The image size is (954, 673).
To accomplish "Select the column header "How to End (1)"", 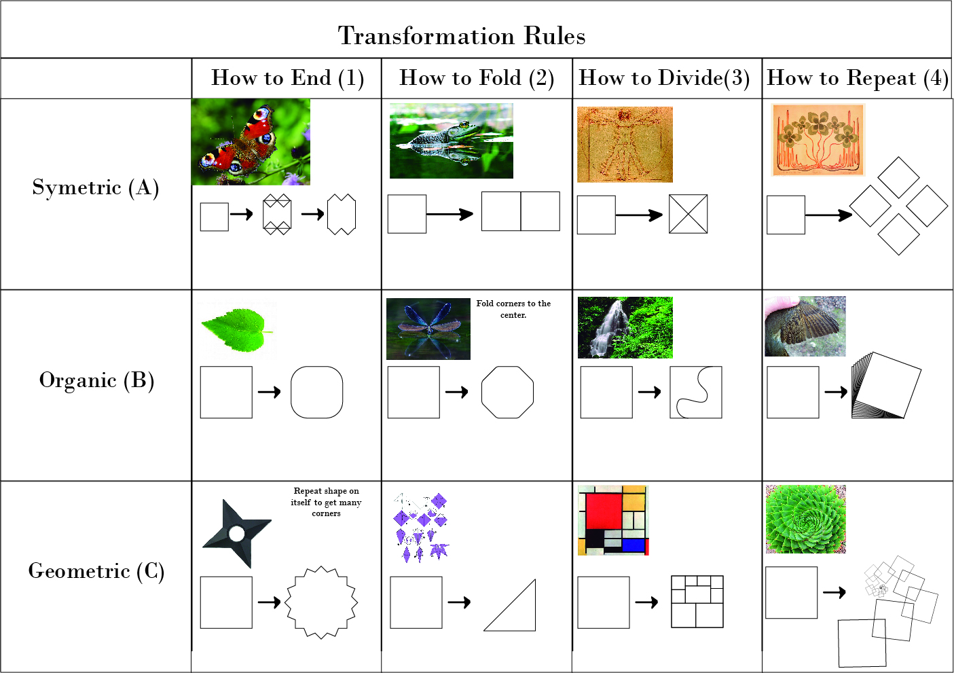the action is click(x=287, y=78).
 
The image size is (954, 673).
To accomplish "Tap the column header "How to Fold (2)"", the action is click(x=477, y=78).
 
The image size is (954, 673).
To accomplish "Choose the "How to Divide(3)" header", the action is click(x=664, y=78).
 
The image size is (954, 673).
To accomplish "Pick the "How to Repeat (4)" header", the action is click(x=858, y=78).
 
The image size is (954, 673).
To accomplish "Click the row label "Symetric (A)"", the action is click(x=96, y=187).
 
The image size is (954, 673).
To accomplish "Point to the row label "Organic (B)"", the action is click(x=96, y=380).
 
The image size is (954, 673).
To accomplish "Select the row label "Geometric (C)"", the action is click(x=96, y=571).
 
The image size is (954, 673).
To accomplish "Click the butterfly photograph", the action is click(x=251, y=142).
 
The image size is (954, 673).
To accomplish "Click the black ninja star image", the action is click(x=236, y=533).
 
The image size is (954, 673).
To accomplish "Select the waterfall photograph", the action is click(x=625, y=327).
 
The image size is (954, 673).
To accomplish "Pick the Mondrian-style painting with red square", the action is click(x=613, y=520).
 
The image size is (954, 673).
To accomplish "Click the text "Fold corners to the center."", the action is click(x=513, y=309).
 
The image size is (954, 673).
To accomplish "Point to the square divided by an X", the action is click(x=689, y=214).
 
